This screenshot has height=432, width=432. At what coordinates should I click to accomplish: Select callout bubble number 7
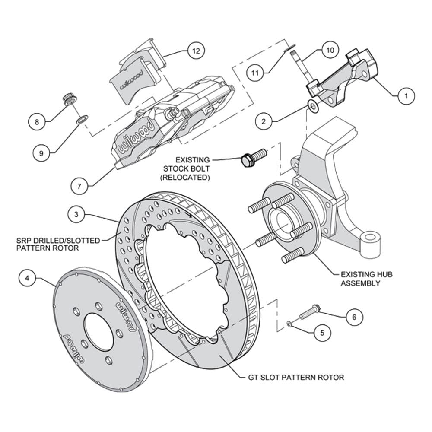coord(79,187)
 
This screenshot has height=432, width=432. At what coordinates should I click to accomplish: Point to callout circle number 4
coord(27,278)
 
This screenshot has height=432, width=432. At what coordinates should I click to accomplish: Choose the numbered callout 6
coord(354,317)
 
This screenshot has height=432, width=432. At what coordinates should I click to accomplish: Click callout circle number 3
coord(76,214)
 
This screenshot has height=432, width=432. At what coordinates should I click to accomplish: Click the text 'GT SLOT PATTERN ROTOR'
coord(296,377)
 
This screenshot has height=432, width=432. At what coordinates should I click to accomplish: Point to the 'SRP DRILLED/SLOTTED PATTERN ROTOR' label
coord(58,245)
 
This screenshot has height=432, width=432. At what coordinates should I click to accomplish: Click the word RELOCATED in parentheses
coord(185,177)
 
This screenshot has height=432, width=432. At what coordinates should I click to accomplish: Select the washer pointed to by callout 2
coord(313,106)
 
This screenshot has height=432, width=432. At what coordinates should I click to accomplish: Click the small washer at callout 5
coord(289,323)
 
